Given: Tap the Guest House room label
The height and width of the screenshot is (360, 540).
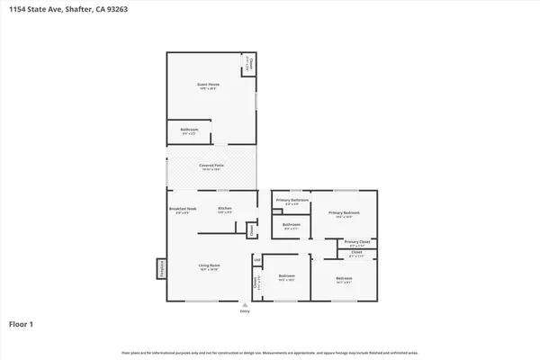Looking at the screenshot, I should pos(209,86).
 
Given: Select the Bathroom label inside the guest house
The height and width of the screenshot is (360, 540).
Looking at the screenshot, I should pos(189,131).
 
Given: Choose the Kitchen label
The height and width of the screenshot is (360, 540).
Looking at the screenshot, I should pos(225,210).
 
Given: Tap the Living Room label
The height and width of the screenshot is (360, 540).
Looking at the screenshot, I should pos(210,266).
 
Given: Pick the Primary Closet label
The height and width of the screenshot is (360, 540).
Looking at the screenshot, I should pos(357,242).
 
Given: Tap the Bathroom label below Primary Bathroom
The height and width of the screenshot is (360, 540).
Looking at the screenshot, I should pos(292,226).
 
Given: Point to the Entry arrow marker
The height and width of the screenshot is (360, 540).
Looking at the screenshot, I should pos(244,305).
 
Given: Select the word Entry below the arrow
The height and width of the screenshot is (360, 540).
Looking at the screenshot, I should pos(244,311).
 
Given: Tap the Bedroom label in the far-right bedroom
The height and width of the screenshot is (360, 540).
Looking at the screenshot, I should pos(344,279).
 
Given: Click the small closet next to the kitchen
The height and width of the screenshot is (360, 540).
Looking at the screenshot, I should pos(251,229).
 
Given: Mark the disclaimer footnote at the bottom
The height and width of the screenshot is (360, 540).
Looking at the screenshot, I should pos(270,352).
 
